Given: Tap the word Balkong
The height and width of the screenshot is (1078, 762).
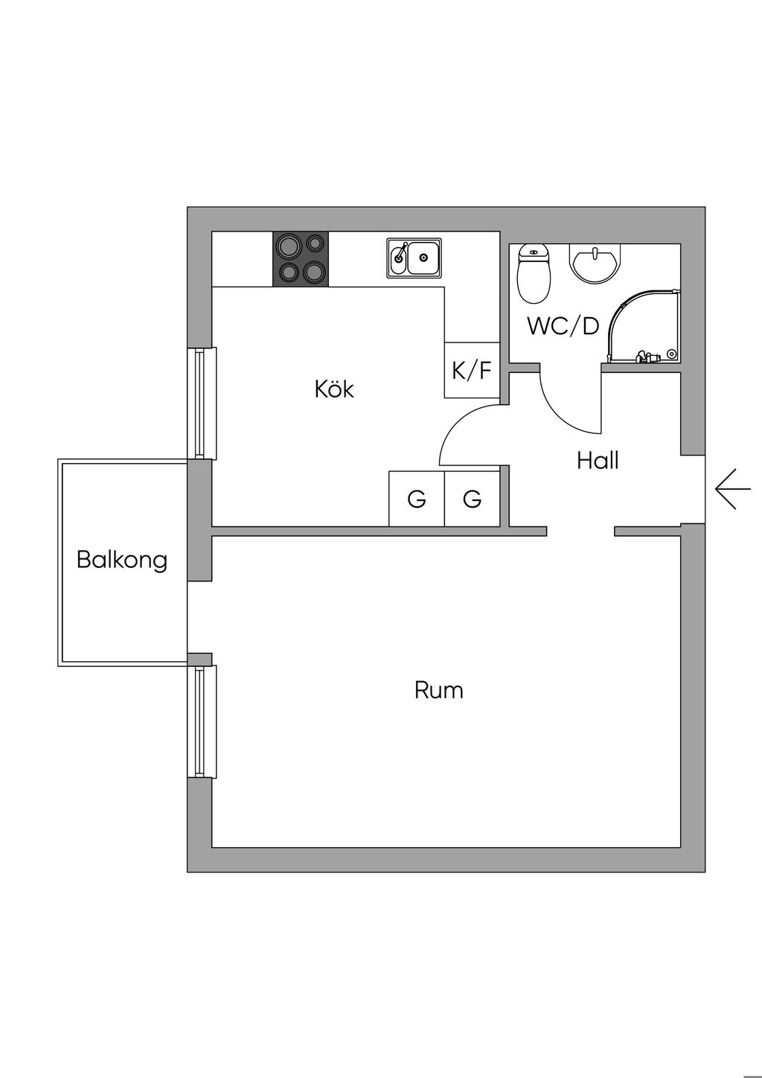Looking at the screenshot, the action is coord(122,561).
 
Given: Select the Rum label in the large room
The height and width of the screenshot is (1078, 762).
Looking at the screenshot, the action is coord(439,690).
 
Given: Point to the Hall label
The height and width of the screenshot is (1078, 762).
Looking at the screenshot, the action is coord(598,461).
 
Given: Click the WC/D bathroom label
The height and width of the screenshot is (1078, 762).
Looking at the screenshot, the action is coord(563,326).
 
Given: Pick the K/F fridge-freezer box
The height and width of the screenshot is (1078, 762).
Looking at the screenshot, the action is coord(472,370).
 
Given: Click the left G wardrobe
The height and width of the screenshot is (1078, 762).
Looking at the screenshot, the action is coord(417,499).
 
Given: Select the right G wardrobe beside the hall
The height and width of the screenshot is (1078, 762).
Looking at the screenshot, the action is coord(473,499).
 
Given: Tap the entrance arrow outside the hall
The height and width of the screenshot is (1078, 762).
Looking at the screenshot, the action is coord(733,489).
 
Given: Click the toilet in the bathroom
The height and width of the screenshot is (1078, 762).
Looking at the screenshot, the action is coord(533,274).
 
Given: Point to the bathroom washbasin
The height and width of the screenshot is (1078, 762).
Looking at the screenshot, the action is coord(595,263).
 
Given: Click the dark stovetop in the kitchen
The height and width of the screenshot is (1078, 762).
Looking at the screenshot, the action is coord(301,259).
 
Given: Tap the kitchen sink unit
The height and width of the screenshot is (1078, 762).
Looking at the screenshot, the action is coord(414,258).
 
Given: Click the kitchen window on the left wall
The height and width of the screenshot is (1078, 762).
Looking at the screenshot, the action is coord(202,404).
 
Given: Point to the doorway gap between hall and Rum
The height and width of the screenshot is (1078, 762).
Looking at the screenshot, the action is coord(580,532).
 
